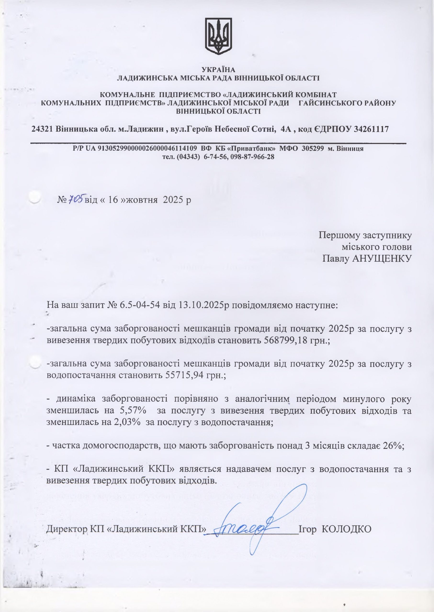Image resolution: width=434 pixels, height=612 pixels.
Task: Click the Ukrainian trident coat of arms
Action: point(218,36)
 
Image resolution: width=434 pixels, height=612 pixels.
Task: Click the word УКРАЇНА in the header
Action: point(218,70)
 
